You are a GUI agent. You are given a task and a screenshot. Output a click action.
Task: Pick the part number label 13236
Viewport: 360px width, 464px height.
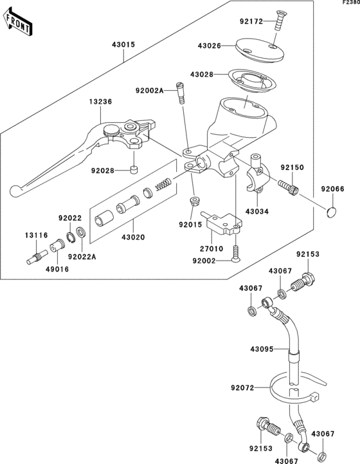[x=100, y=102]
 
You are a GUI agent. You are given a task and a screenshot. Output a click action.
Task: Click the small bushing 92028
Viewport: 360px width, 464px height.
[x=134, y=170]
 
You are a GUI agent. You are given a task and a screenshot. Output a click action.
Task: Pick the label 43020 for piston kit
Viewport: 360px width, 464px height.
[x=133, y=237]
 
